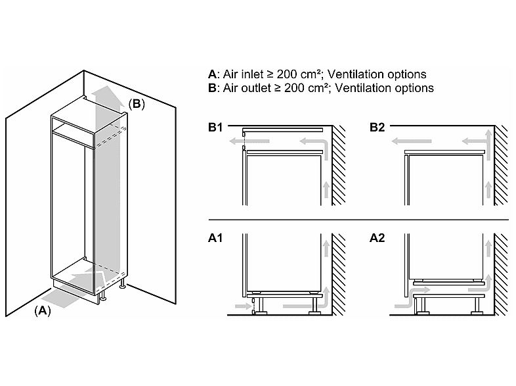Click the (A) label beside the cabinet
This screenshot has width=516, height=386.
[43, 310]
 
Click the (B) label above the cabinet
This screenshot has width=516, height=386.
[137, 104]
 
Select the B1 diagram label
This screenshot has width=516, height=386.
[215, 127]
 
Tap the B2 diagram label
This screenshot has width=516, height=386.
[377, 127]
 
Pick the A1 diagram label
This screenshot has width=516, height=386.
[215, 237]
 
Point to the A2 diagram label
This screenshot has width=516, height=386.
[377, 237]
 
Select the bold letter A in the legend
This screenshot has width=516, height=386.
[212, 74]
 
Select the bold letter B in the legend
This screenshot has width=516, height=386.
[212, 88]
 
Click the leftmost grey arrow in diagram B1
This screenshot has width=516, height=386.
[249, 141]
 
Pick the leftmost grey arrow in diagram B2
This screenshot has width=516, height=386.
[412, 141]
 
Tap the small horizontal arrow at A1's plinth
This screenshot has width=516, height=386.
[243, 306]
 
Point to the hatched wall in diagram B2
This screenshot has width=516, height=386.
[501, 165]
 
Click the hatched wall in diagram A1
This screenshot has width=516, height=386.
[339, 274]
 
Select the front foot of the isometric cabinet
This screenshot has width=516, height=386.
[102, 297]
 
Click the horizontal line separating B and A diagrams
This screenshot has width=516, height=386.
[358, 220]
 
